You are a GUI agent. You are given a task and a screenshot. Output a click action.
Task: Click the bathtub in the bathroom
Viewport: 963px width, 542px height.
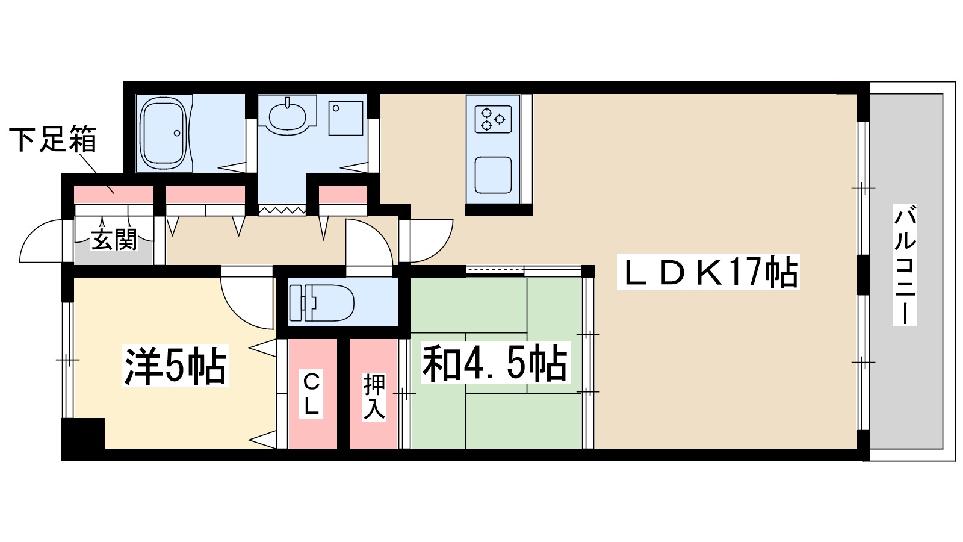(164, 133)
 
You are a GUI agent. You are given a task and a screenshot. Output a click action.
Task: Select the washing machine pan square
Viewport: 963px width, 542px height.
(345, 118)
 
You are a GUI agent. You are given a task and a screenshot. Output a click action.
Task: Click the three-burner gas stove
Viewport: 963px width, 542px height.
(493, 118)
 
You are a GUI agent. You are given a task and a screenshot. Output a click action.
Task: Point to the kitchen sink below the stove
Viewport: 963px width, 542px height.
(493, 175)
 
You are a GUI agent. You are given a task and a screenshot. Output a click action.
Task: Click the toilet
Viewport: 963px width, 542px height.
(321, 302)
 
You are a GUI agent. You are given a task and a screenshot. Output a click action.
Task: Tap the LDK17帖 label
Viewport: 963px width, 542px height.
(708, 272)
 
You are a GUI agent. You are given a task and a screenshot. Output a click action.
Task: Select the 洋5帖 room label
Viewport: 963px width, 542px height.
(175, 365)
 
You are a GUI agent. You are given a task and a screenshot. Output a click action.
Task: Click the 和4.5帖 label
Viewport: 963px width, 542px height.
(495, 363)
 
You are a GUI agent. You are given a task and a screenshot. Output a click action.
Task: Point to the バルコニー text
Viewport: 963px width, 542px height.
(905, 265)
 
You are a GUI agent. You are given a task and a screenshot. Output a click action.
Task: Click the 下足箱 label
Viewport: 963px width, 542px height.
(52, 139)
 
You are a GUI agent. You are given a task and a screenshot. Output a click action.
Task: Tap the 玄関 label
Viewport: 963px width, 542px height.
(114, 240)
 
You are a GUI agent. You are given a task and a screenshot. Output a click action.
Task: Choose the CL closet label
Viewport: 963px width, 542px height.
(311, 394)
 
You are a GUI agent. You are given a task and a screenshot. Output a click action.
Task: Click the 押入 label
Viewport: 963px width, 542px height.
(374, 397)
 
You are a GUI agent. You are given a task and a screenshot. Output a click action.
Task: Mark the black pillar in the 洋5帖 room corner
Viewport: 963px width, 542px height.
(84, 433)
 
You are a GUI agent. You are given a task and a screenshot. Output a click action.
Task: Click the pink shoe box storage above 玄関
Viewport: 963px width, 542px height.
(114, 195)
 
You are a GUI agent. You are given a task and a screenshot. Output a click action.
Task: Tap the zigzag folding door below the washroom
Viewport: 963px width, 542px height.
(282, 210)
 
